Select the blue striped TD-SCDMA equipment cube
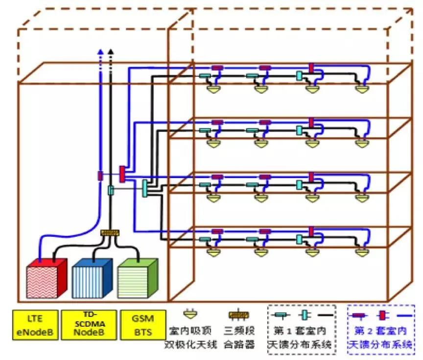tap(90, 278)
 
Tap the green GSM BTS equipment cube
tap(136, 278)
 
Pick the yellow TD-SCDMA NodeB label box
tap(91, 324)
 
